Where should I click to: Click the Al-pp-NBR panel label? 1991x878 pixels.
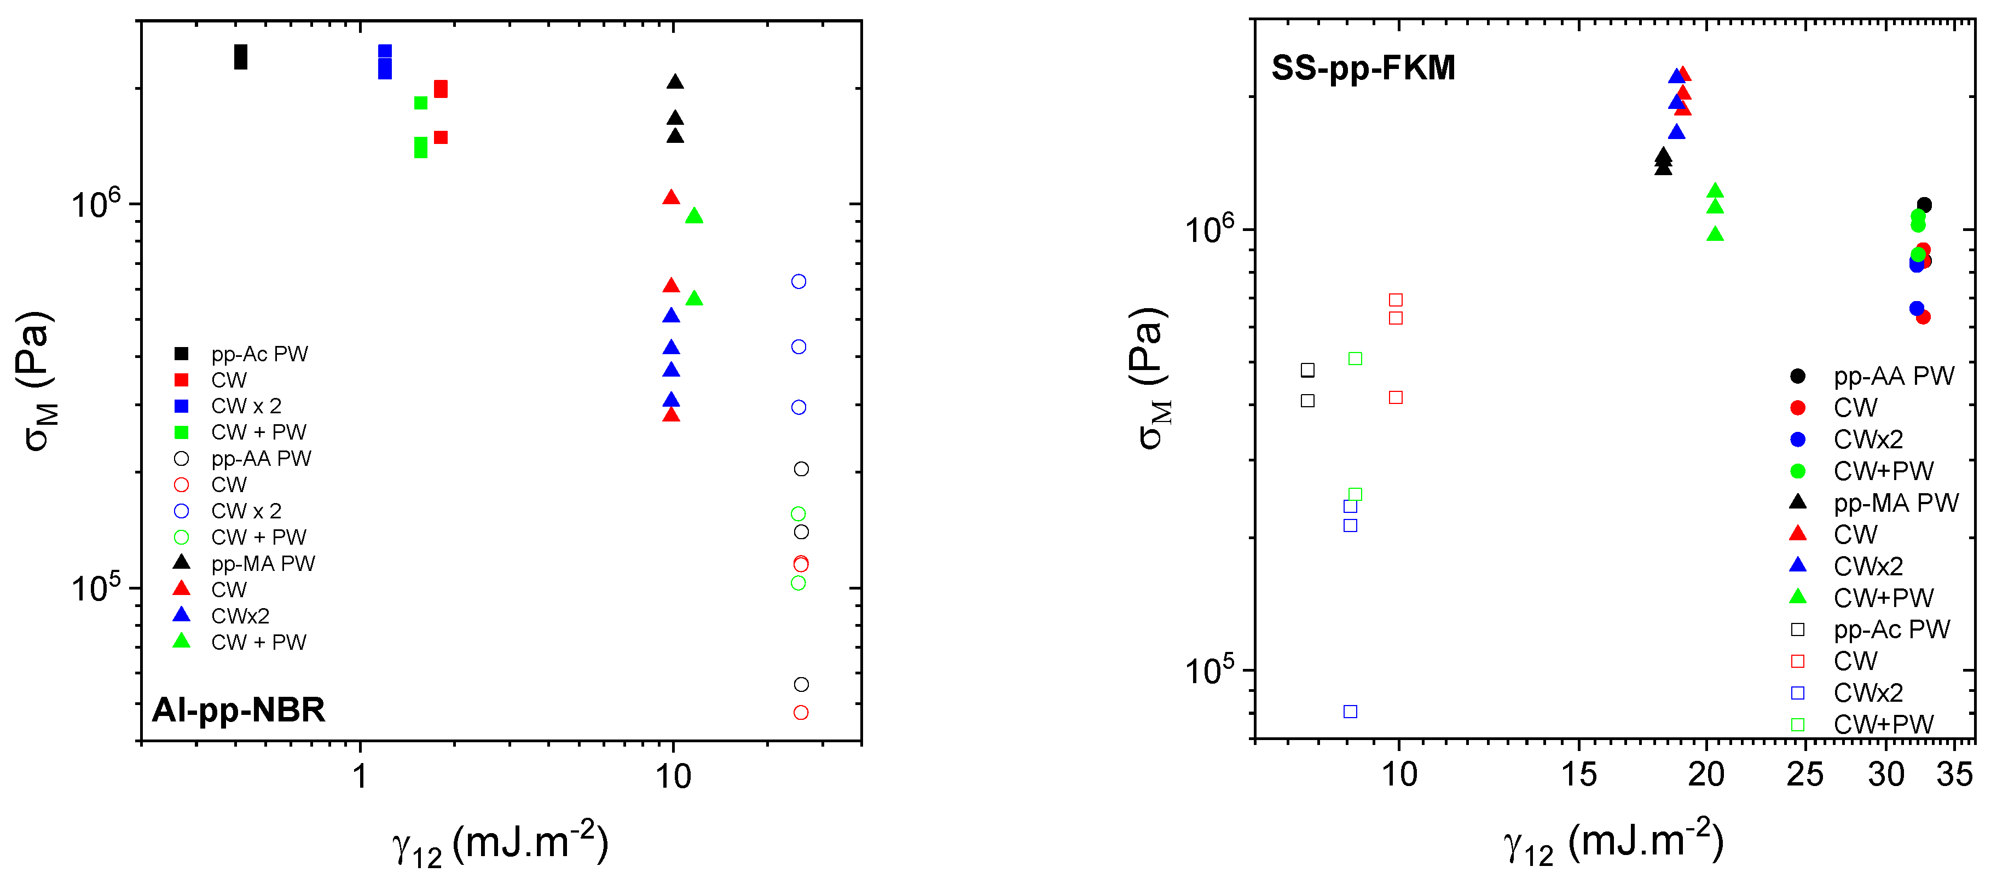(x=238, y=709)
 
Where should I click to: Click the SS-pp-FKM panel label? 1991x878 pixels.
(x=1363, y=68)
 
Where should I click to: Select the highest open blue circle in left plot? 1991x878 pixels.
(x=798, y=282)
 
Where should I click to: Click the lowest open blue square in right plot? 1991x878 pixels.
(x=1350, y=712)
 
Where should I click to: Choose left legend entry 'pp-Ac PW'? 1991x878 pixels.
(x=260, y=354)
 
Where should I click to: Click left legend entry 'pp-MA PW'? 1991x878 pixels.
(x=263, y=563)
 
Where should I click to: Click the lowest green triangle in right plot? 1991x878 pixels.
(x=1715, y=233)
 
